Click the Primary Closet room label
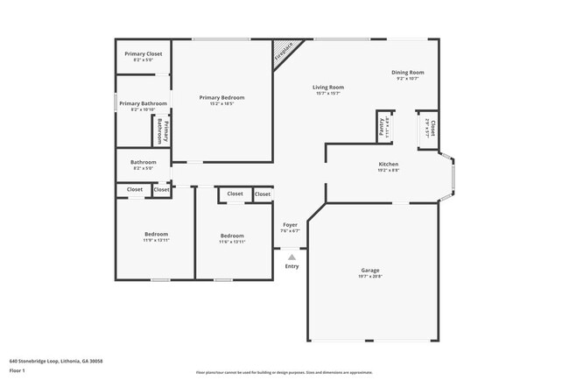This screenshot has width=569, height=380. (143, 54)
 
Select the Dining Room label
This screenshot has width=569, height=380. (407, 73)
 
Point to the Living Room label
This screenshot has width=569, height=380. (329, 88)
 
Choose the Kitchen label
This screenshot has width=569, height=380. (389, 165)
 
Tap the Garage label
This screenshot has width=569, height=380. (370, 271)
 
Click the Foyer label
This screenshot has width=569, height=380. (291, 225)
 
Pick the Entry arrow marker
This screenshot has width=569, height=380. (292, 256)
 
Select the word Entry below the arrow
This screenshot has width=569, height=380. (292, 266)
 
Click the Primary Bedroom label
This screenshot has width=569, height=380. (221, 97)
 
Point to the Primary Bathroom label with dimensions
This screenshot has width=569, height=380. (143, 104)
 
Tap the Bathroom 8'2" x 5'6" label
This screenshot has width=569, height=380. (143, 162)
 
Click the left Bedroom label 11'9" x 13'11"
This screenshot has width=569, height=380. (156, 235)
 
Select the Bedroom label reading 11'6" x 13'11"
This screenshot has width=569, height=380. (232, 236)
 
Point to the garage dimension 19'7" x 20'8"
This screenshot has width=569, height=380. (370, 277)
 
